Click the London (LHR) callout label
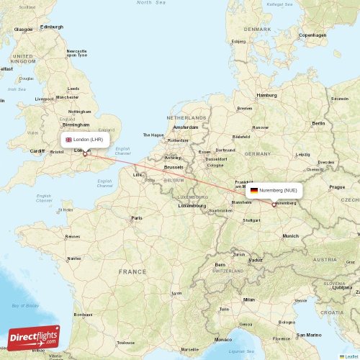coord(85,139)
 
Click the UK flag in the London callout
coord(68,139)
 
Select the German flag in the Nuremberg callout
coord(254,190)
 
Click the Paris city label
coord(136,217)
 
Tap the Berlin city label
coord(318,123)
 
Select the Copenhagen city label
coord(312,35)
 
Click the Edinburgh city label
coord(52,27)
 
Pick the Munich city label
coord(290,235)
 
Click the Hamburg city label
coord(267,95)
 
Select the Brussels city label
coord(174,167)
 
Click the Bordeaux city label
coord(83,315)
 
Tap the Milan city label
coord(248,300)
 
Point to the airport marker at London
coord(85,153)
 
